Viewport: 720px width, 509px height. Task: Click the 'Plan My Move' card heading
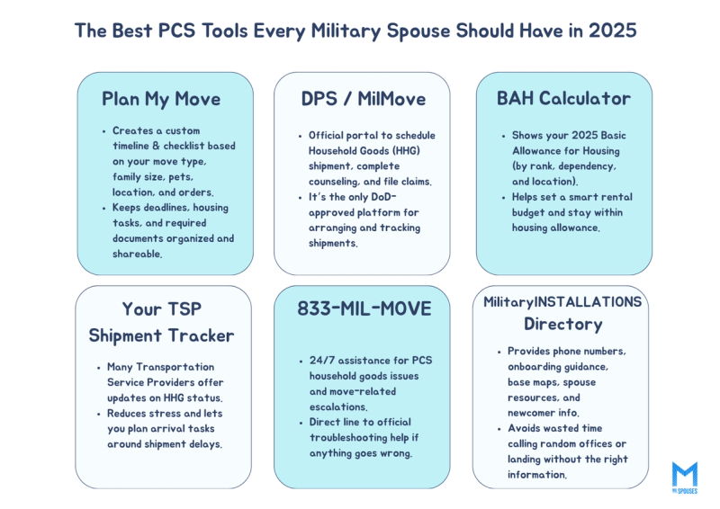point(161,99)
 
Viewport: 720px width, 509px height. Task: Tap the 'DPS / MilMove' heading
point(362,99)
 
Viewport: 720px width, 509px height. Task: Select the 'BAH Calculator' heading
point(563,98)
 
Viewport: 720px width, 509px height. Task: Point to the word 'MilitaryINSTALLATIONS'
point(562,301)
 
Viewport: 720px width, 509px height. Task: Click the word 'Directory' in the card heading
point(562,324)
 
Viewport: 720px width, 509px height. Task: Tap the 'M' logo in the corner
point(684,475)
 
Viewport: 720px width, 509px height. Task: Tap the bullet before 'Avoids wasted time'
point(499,429)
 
